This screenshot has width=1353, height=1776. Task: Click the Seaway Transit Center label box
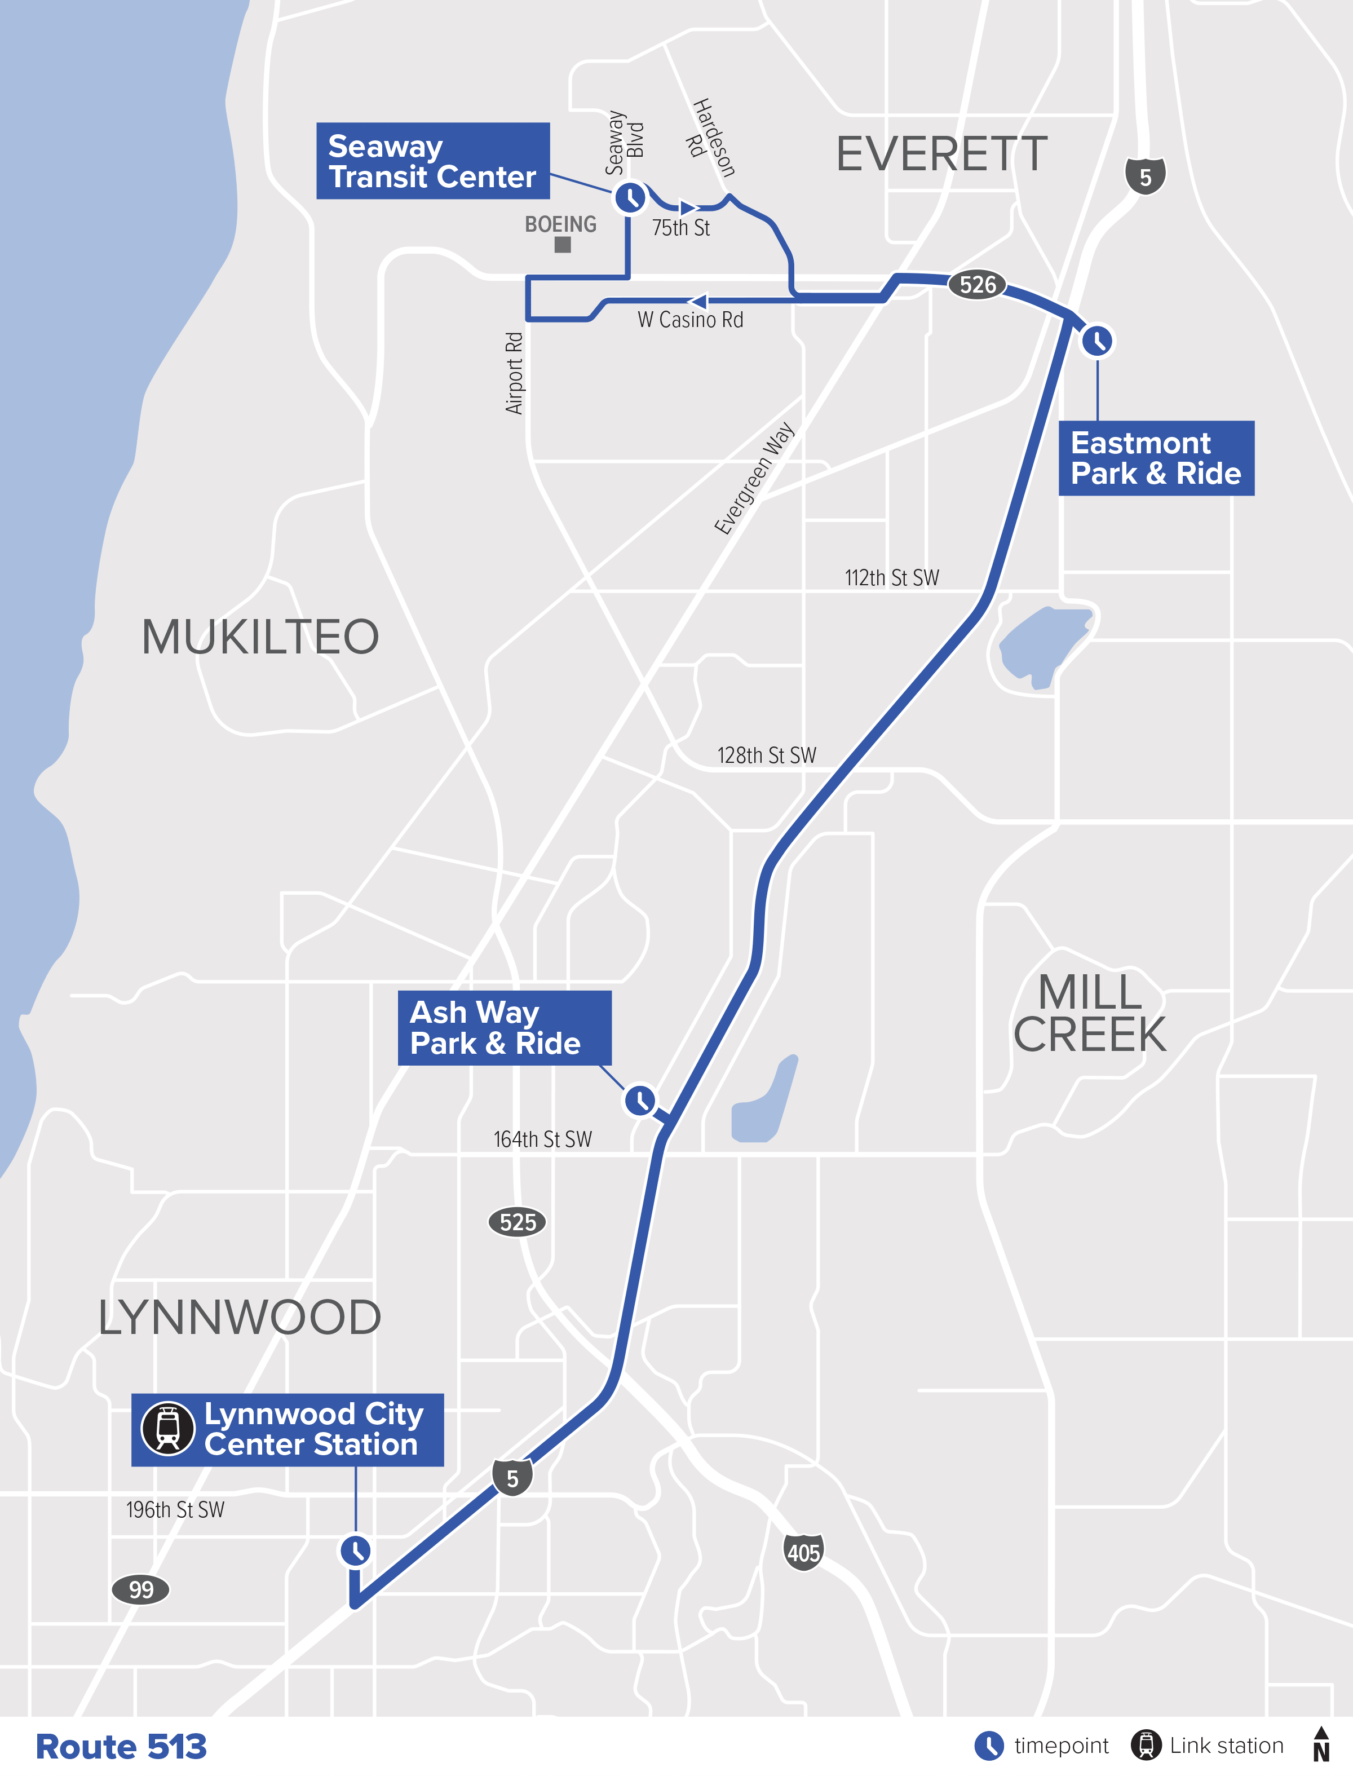[432, 161]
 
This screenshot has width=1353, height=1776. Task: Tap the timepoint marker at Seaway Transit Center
[630, 197]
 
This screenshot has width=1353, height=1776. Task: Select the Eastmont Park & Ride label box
[1156, 457]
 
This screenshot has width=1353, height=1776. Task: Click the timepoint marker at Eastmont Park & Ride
[1097, 341]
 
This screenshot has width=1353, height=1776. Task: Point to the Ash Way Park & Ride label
[504, 1028]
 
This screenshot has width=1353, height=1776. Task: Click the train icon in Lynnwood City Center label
[167, 1428]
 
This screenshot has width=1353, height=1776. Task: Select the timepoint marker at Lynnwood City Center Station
[355, 1550]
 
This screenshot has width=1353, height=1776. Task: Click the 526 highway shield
[978, 284]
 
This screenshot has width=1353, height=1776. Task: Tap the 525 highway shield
[517, 1222]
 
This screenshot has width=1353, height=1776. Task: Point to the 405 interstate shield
[803, 1552]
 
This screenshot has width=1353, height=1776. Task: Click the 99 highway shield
[141, 1589]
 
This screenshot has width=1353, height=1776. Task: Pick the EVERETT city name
[941, 154]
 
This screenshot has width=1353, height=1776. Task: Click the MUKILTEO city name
[260, 637]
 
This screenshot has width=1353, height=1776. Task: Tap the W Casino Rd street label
[690, 320]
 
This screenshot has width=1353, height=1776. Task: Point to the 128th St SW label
[767, 756]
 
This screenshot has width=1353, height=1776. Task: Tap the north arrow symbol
[1321, 1744]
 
